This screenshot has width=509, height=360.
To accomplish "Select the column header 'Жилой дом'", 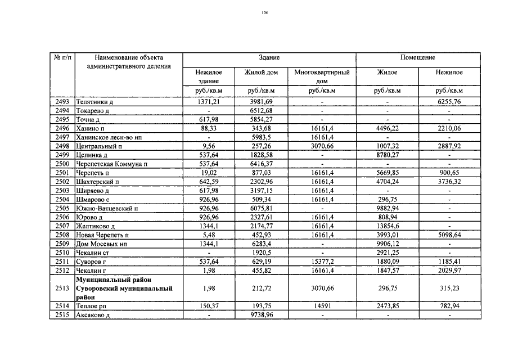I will tap(261, 73).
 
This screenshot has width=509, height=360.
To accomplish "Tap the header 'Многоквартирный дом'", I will tap(322, 76).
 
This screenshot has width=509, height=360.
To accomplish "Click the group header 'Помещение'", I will tap(417, 58).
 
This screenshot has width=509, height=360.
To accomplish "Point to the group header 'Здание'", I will tap(269, 58).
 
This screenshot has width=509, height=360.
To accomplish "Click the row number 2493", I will tap(62, 102).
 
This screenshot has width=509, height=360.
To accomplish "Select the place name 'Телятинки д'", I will tap(95, 102).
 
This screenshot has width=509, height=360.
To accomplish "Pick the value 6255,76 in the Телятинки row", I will tap(449, 102).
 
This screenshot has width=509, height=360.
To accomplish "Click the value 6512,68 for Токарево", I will tap(261, 111).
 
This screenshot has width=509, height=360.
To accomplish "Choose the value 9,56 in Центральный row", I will tap(209, 146).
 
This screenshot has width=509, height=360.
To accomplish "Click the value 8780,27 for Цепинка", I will tap(388, 155).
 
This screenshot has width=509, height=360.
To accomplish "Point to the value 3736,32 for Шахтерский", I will tap(449, 181).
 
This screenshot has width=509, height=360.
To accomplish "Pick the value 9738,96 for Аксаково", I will tap(261, 314).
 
